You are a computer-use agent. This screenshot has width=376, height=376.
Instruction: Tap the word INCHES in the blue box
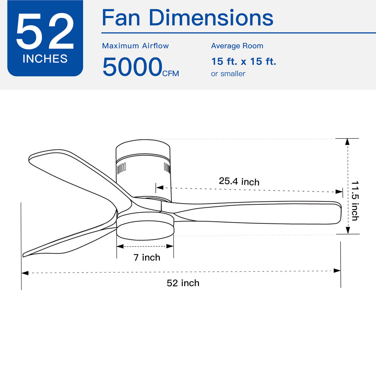[x=45, y=59]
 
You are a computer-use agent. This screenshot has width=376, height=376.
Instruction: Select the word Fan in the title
[x=121, y=18]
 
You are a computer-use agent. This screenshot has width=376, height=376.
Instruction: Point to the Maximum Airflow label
[x=135, y=46]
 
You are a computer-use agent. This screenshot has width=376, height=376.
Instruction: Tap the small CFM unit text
[x=171, y=74]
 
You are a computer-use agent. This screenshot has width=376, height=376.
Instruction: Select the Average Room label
[x=237, y=46]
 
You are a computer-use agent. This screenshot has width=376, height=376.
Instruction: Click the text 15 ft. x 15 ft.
[x=243, y=61]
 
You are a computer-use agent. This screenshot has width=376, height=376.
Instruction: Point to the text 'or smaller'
[x=228, y=74]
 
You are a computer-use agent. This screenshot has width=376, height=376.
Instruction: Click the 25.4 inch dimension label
[x=239, y=181]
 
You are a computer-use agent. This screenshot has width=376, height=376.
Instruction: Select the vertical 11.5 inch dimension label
[x=355, y=201]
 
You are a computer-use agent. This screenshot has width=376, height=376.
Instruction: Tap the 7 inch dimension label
[x=147, y=257]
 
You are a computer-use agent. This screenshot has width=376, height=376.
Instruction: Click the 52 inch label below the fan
[x=183, y=283]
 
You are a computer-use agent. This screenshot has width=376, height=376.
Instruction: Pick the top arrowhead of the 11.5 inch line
[x=347, y=142]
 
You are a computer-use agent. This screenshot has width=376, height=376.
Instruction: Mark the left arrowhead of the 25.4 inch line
[x=159, y=188]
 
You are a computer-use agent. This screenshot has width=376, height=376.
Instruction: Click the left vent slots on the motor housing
[x=122, y=168]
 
